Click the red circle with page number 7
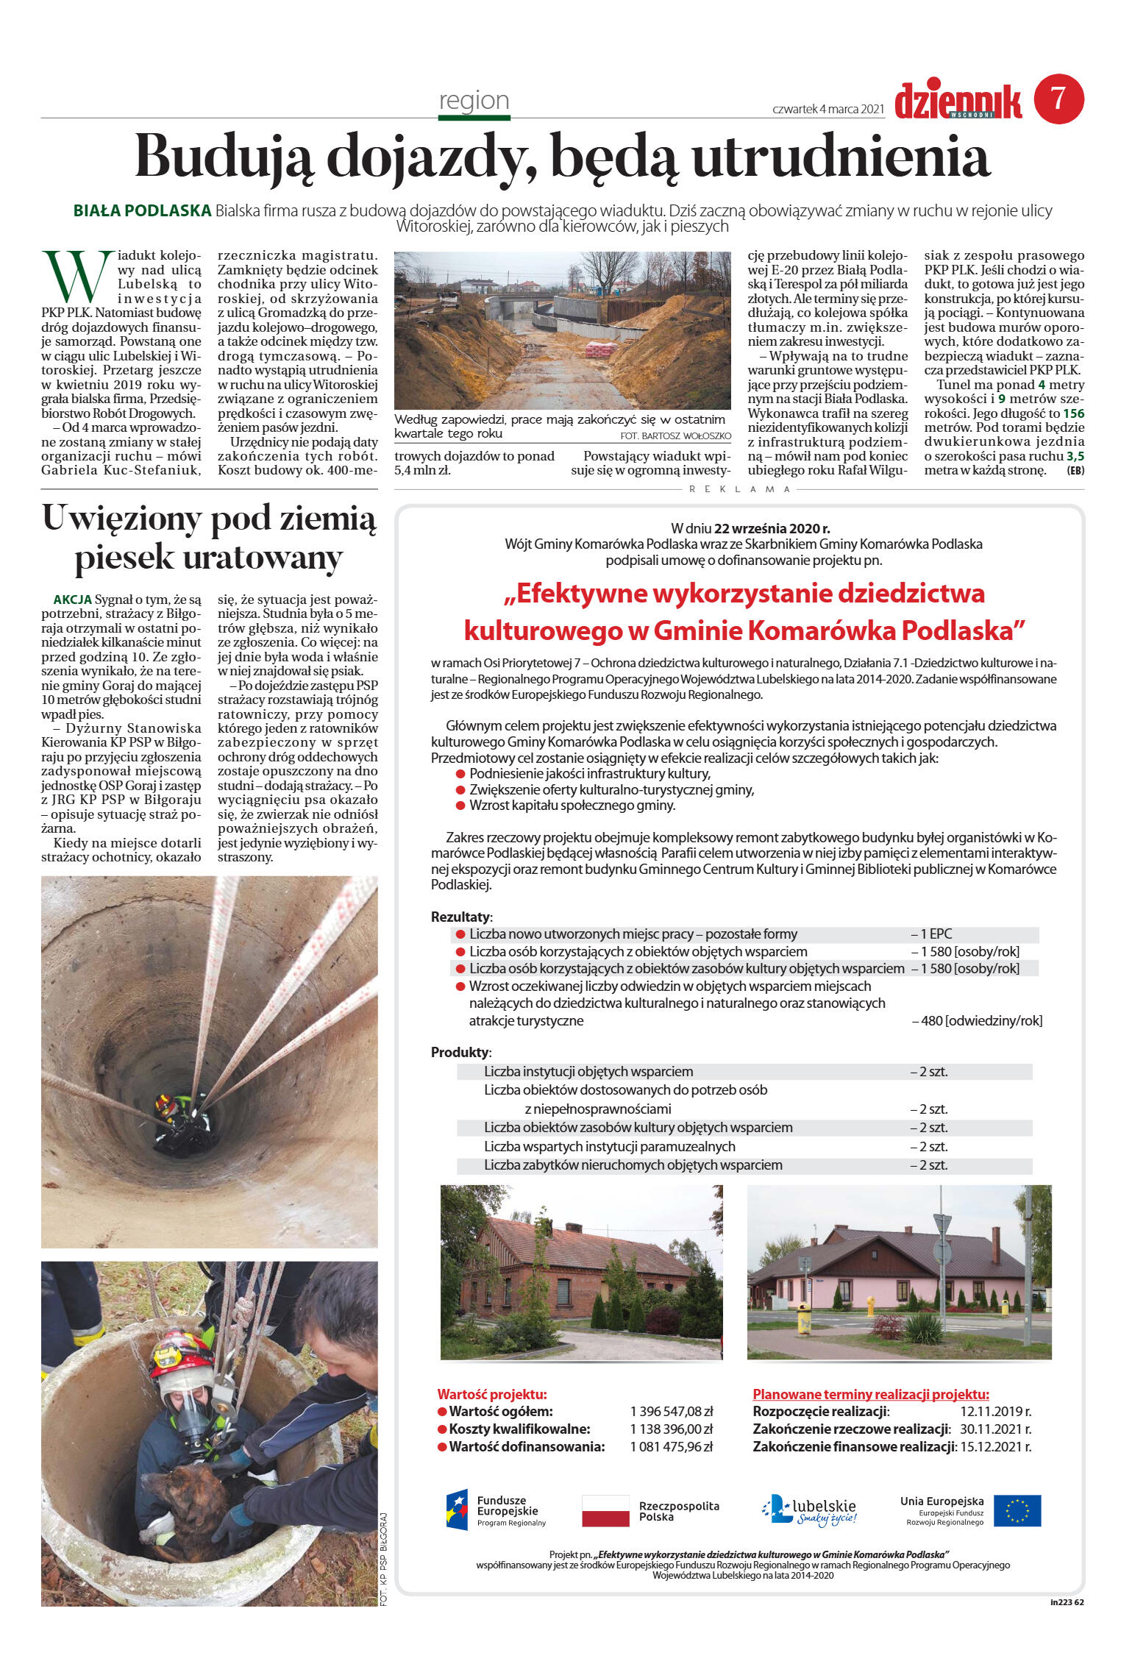(1058, 99)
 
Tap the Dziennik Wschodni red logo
(958, 102)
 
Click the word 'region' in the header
(474, 100)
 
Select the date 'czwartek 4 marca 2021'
(828, 109)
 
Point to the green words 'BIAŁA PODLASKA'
(142, 211)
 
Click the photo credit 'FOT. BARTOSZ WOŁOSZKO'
(676, 436)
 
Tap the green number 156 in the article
(1073, 413)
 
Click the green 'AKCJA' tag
(72, 600)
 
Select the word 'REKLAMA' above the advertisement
(739, 489)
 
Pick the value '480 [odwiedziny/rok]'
(978, 1021)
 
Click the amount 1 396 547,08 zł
(671, 1412)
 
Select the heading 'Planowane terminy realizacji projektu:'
(870, 1394)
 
